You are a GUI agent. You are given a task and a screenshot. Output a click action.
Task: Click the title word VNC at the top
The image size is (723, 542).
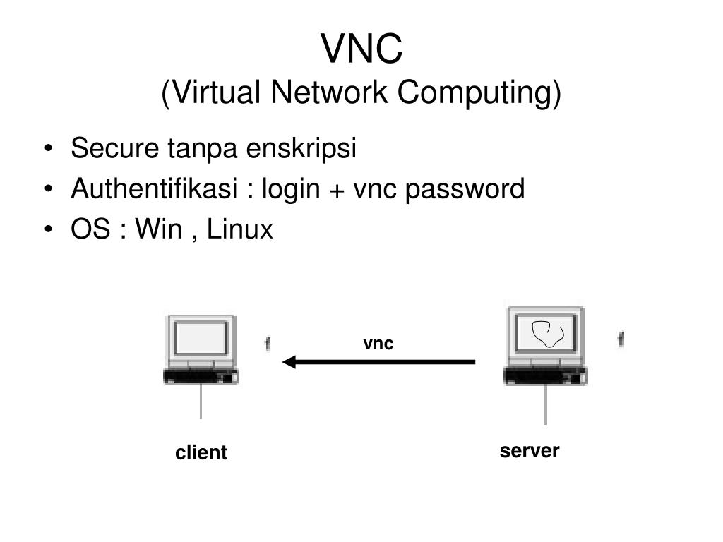pos(361,49)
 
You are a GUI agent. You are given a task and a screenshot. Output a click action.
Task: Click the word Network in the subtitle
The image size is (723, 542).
pos(329,92)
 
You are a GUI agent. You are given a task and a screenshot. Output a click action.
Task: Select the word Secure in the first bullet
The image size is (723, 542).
pos(114,148)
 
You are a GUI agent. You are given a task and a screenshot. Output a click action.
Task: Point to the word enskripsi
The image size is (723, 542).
pos(301,149)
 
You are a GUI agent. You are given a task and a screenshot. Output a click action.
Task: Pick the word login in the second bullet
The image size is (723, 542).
pos(291,189)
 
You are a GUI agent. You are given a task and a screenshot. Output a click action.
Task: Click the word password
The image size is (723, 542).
pos(465,189)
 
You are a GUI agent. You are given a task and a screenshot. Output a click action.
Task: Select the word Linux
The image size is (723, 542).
pos(240,229)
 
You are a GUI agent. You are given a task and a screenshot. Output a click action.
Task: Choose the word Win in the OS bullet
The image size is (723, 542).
pos(158,229)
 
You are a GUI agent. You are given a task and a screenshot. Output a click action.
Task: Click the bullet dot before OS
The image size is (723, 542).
pos(49,229)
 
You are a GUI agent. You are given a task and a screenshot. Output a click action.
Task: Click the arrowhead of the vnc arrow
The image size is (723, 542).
pos(289,362)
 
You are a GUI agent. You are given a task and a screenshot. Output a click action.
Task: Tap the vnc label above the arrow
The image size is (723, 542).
pos(378,344)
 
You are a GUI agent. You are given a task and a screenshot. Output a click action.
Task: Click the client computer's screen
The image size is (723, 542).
pos(201,338)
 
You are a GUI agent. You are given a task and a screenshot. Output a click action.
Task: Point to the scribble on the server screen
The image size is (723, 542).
pos(548,333)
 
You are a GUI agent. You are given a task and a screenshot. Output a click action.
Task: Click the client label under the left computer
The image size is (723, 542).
pos(201,452)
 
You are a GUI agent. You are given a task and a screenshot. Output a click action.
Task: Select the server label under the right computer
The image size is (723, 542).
pos(530,451)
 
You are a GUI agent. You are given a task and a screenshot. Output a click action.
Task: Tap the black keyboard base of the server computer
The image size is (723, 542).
pos(546,376)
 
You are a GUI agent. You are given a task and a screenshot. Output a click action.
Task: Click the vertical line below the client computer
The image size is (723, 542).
pos(201,401)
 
